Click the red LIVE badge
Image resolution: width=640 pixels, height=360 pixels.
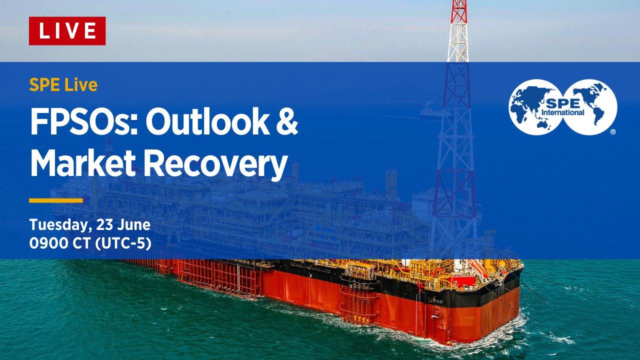[x=67, y=31]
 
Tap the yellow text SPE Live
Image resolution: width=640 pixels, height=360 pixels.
[x=63, y=85]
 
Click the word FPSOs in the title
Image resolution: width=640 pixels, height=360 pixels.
[x=83, y=122]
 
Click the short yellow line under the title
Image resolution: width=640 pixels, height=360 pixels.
[x=56, y=200]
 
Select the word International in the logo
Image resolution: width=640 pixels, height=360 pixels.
[x=563, y=112]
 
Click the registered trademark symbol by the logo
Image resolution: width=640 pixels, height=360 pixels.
[x=612, y=132]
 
